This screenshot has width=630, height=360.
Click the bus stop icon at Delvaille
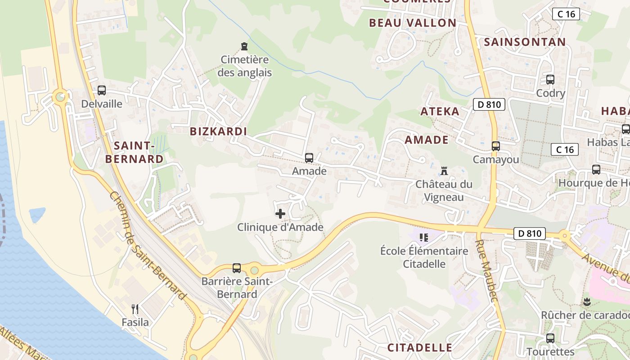coord(102,90)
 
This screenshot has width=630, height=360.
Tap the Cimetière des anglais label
coord(244,66)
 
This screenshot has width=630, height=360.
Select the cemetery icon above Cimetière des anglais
coord(244,46)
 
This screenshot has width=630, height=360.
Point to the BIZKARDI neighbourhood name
coord(219,131)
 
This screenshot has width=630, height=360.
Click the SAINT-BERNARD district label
coord(134,152)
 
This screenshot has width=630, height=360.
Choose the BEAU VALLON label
coord(413,23)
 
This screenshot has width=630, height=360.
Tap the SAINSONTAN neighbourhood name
coord(525,42)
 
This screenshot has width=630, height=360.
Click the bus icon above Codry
coord(550,80)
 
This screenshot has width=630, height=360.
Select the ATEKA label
coord(440,112)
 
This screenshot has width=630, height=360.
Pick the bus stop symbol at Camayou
coord(496,146)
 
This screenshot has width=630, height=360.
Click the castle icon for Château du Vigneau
coord(444,171)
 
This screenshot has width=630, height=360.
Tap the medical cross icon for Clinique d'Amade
coord(280,213)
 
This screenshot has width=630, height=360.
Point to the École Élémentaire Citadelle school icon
coord(423,237)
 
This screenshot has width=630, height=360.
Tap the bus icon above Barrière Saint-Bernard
coord(237,268)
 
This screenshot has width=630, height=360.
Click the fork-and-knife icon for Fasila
coord(135,309)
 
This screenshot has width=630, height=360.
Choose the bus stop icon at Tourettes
coord(550,338)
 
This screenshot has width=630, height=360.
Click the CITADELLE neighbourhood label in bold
coord(419,347)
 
